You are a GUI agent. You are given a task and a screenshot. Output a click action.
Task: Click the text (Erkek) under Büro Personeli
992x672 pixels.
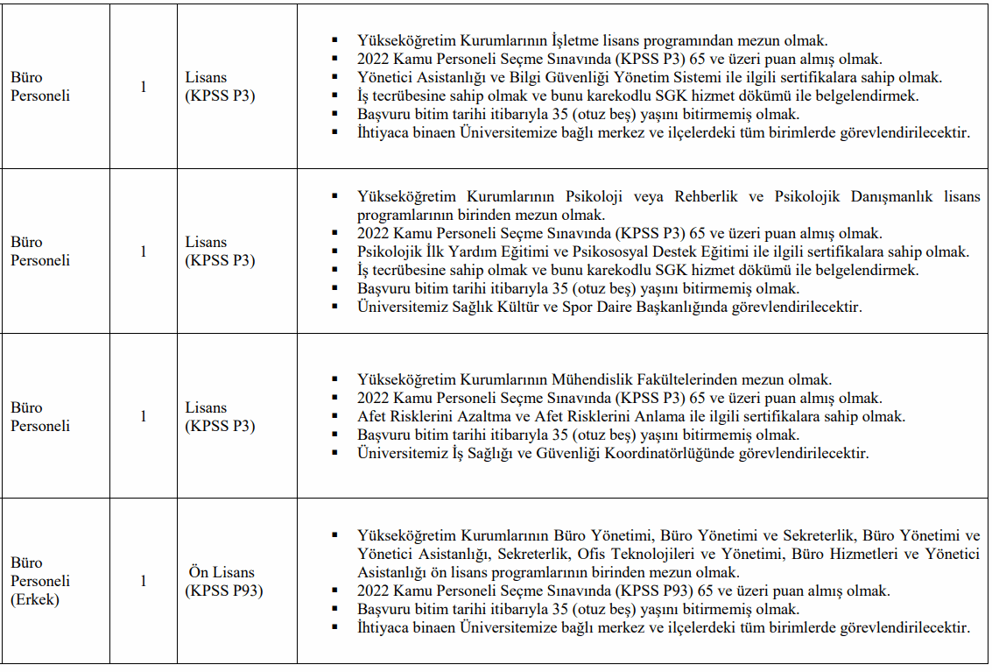(35, 599)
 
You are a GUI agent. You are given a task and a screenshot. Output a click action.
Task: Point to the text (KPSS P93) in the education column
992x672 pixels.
(223, 591)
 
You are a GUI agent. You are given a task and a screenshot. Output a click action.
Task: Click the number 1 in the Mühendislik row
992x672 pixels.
(144, 416)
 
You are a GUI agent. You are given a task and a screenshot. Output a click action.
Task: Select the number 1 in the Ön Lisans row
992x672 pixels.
(144, 581)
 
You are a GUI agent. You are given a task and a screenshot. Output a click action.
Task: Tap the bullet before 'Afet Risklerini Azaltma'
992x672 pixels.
(334, 417)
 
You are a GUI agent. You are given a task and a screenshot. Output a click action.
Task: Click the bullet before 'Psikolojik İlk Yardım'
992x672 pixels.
(334, 252)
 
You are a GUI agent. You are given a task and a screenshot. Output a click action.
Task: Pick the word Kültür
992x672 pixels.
(529, 307)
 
